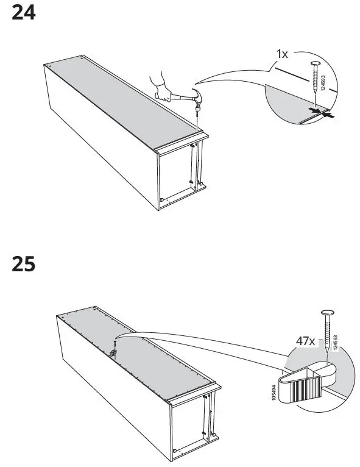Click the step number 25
pyautogui.click(x=24, y=264)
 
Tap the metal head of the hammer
pyautogui.click(x=198, y=96)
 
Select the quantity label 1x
pyautogui.click(x=282, y=54)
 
